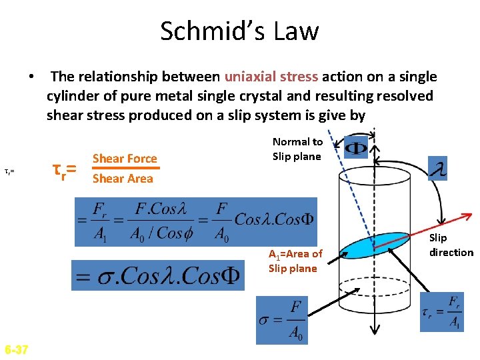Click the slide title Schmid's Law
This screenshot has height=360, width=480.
click(239, 31)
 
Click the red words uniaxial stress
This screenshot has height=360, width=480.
click(273, 77)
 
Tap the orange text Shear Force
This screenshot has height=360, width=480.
click(125, 159)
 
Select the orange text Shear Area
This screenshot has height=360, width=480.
click(123, 179)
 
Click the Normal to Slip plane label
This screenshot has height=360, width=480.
click(297, 149)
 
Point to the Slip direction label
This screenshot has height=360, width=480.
click(451, 245)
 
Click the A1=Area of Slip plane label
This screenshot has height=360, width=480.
click(295, 261)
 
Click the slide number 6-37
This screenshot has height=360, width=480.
click(16, 349)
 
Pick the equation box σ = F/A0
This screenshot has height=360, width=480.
click(283, 321)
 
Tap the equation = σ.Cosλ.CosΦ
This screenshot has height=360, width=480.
click(158, 275)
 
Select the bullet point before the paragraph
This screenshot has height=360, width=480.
click(31, 77)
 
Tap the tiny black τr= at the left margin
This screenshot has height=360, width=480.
click(9, 171)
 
